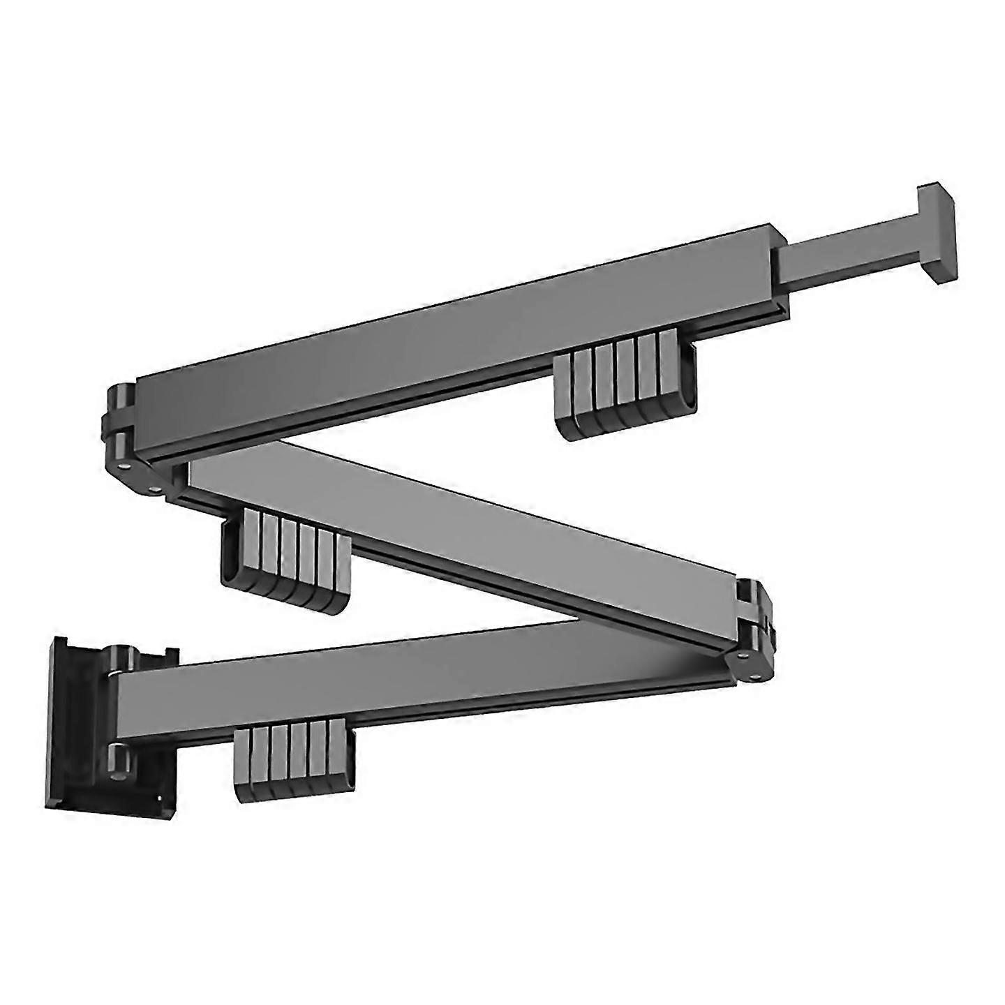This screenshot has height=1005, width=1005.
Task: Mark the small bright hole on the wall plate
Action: tap(162, 798)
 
